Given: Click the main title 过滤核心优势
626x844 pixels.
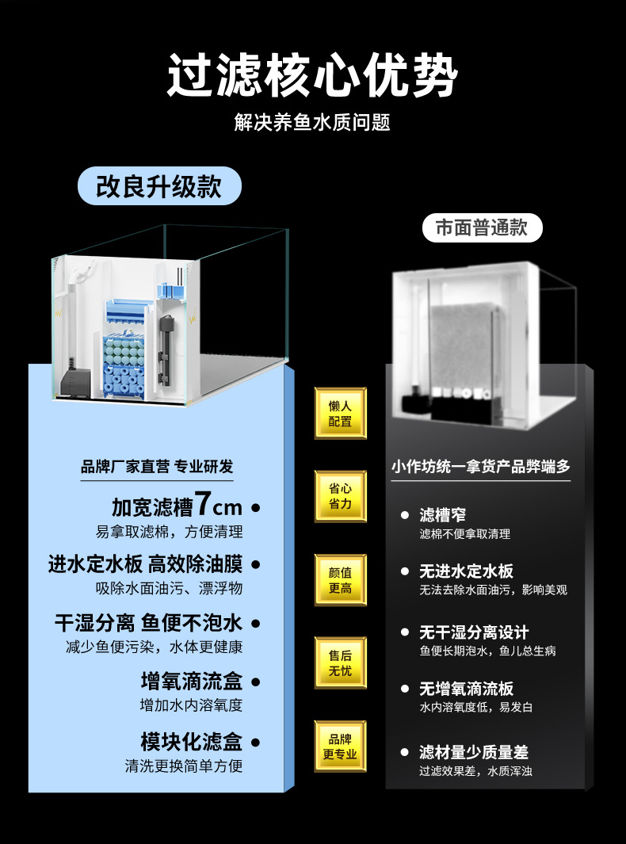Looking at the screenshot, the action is [x=312, y=75].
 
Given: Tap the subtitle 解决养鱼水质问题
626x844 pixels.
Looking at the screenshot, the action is [x=312, y=123].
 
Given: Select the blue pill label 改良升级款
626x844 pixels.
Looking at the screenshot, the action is [x=158, y=187].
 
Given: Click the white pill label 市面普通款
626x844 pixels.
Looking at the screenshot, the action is [x=481, y=227].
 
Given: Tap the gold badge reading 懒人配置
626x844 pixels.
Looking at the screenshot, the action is [x=340, y=414].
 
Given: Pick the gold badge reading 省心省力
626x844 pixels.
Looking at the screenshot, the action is [x=340, y=496].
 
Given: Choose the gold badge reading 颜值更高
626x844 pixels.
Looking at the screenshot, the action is [x=340, y=579].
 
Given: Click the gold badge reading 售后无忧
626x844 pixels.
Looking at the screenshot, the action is [x=340, y=663].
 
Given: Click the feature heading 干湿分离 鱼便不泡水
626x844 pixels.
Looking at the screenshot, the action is [x=148, y=622].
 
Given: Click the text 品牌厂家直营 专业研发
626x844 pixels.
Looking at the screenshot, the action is [x=157, y=467].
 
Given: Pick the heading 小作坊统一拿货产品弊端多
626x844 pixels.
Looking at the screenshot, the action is [x=480, y=467].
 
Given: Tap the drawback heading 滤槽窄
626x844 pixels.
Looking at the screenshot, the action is [x=442, y=515].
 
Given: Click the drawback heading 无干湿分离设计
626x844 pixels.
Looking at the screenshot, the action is [x=474, y=632].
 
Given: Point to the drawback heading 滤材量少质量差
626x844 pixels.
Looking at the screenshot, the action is [x=474, y=752].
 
